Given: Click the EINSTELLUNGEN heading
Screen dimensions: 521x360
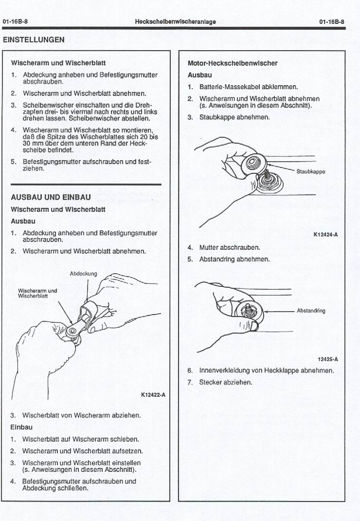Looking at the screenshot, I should click(34, 40).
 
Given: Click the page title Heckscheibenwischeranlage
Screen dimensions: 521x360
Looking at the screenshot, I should click(176, 22).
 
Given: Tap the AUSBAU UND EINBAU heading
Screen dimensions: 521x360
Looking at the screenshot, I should click(51, 197).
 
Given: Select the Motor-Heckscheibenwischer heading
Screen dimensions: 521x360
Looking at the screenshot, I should click(233, 63).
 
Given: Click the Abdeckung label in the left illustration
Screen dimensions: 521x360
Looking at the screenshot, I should click(83, 274).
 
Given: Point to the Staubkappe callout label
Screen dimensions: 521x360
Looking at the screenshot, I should click(310, 171).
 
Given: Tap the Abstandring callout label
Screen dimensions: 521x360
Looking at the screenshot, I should click(311, 310).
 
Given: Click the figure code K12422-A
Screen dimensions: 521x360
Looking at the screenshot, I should click(153, 394).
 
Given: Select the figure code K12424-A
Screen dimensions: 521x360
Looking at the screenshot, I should click(325, 235).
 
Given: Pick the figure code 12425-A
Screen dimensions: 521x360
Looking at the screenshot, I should click(327, 359).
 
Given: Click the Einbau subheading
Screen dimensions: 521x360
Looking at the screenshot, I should click(21, 427).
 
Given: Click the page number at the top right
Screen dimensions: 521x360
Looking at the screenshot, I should click(332, 22).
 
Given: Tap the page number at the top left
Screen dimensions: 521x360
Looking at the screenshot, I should click(15, 22).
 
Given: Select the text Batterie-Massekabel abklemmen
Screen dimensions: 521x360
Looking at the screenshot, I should click(249, 87).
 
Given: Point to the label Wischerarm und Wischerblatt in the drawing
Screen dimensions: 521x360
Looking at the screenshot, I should click(37, 293).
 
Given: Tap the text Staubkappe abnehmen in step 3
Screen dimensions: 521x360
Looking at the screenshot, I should click(234, 117).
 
